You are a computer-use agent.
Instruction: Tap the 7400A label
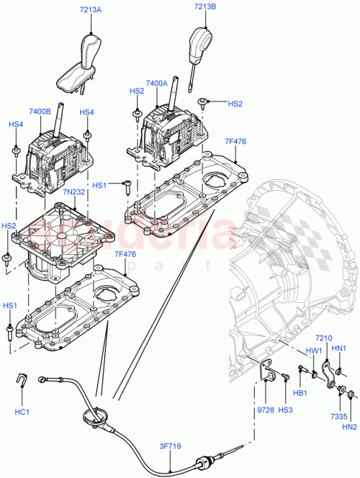[156, 84]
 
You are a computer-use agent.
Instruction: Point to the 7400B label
[40, 112]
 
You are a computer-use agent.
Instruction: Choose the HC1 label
[22, 411]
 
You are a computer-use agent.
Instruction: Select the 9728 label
[265, 410]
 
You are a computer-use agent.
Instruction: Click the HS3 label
[286, 410]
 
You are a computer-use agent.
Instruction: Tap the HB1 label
[301, 393]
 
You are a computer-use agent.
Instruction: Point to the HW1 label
[314, 351]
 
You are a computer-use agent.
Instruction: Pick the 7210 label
[324, 338]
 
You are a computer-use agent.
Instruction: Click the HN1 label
[340, 348]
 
